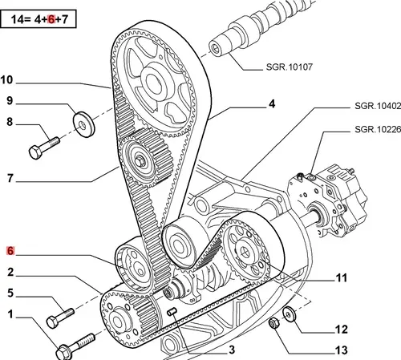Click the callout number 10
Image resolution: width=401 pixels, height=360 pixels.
(6, 80)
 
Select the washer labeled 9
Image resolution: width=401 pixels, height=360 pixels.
(83, 124)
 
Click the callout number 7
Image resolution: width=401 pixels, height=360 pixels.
(10, 178)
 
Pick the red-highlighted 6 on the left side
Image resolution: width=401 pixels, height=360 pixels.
(10, 251)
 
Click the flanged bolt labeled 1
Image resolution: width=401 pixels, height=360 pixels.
(75, 346)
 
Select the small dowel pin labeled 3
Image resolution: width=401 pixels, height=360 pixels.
(172, 312)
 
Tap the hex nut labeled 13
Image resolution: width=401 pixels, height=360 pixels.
(274, 323)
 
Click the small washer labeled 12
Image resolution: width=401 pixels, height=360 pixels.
(289, 314)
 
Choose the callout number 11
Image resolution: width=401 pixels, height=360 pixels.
(342, 278)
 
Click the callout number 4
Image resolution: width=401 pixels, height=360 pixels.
(272, 103)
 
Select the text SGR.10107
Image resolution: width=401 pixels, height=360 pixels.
(290, 67)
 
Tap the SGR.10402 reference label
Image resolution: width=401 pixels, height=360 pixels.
(378, 106)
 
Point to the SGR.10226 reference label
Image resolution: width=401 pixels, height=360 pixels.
(378, 129)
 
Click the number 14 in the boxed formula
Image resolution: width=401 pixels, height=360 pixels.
(16, 19)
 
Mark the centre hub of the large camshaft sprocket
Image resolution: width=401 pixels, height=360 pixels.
(153, 82)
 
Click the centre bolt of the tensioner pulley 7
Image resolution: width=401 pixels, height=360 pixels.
(140, 162)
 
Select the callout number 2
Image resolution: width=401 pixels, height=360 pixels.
(10, 272)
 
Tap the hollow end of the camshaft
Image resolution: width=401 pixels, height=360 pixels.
(215, 48)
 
